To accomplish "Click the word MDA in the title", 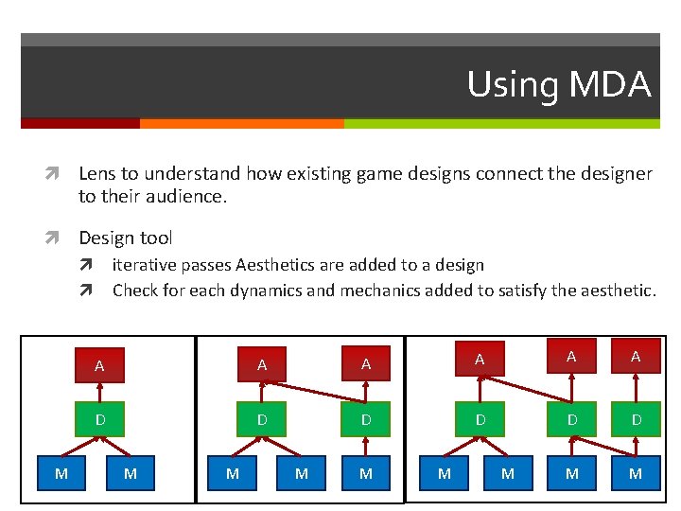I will [611, 84].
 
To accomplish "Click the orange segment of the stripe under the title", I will [241, 123].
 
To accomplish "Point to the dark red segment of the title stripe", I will [80, 123].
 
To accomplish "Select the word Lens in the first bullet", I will [96, 173].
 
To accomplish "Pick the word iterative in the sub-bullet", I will [145, 266].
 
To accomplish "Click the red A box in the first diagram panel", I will [99, 365].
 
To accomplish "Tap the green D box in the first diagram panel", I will [99, 419].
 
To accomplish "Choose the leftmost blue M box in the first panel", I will [61, 472].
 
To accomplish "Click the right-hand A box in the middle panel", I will [366, 363].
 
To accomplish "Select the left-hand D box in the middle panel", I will [262, 419].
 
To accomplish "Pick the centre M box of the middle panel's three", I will [301, 472].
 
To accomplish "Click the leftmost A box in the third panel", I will [480, 359].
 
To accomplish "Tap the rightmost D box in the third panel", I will [636, 419].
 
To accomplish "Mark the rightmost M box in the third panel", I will [636, 472].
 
